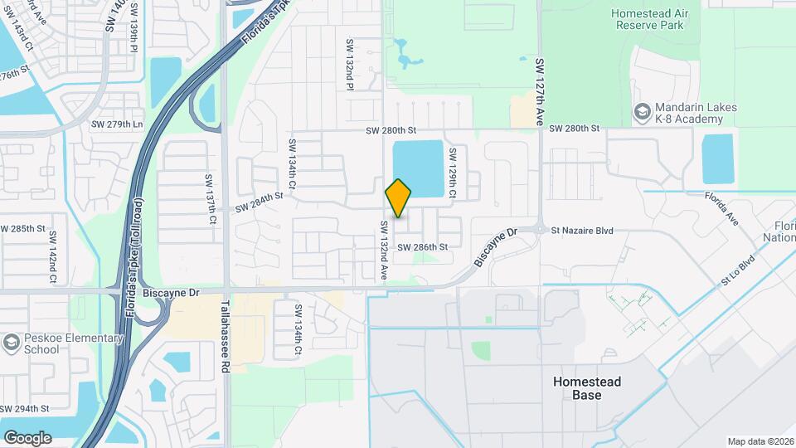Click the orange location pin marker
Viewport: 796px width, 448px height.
pos(399,197)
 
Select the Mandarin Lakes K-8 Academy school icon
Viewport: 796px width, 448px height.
pos(642,111)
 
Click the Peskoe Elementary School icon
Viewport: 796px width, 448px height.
pos(11,342)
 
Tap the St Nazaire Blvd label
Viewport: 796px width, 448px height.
pos(582,231)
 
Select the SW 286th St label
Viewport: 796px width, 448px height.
pos(422,247)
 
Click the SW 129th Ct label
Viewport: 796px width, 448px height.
pos(453,173)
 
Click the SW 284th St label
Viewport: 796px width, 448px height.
pos(260,197)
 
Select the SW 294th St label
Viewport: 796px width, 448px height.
pos(25,409)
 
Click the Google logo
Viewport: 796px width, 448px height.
pos(27,437)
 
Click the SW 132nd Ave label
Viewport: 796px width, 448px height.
pos(384,249)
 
